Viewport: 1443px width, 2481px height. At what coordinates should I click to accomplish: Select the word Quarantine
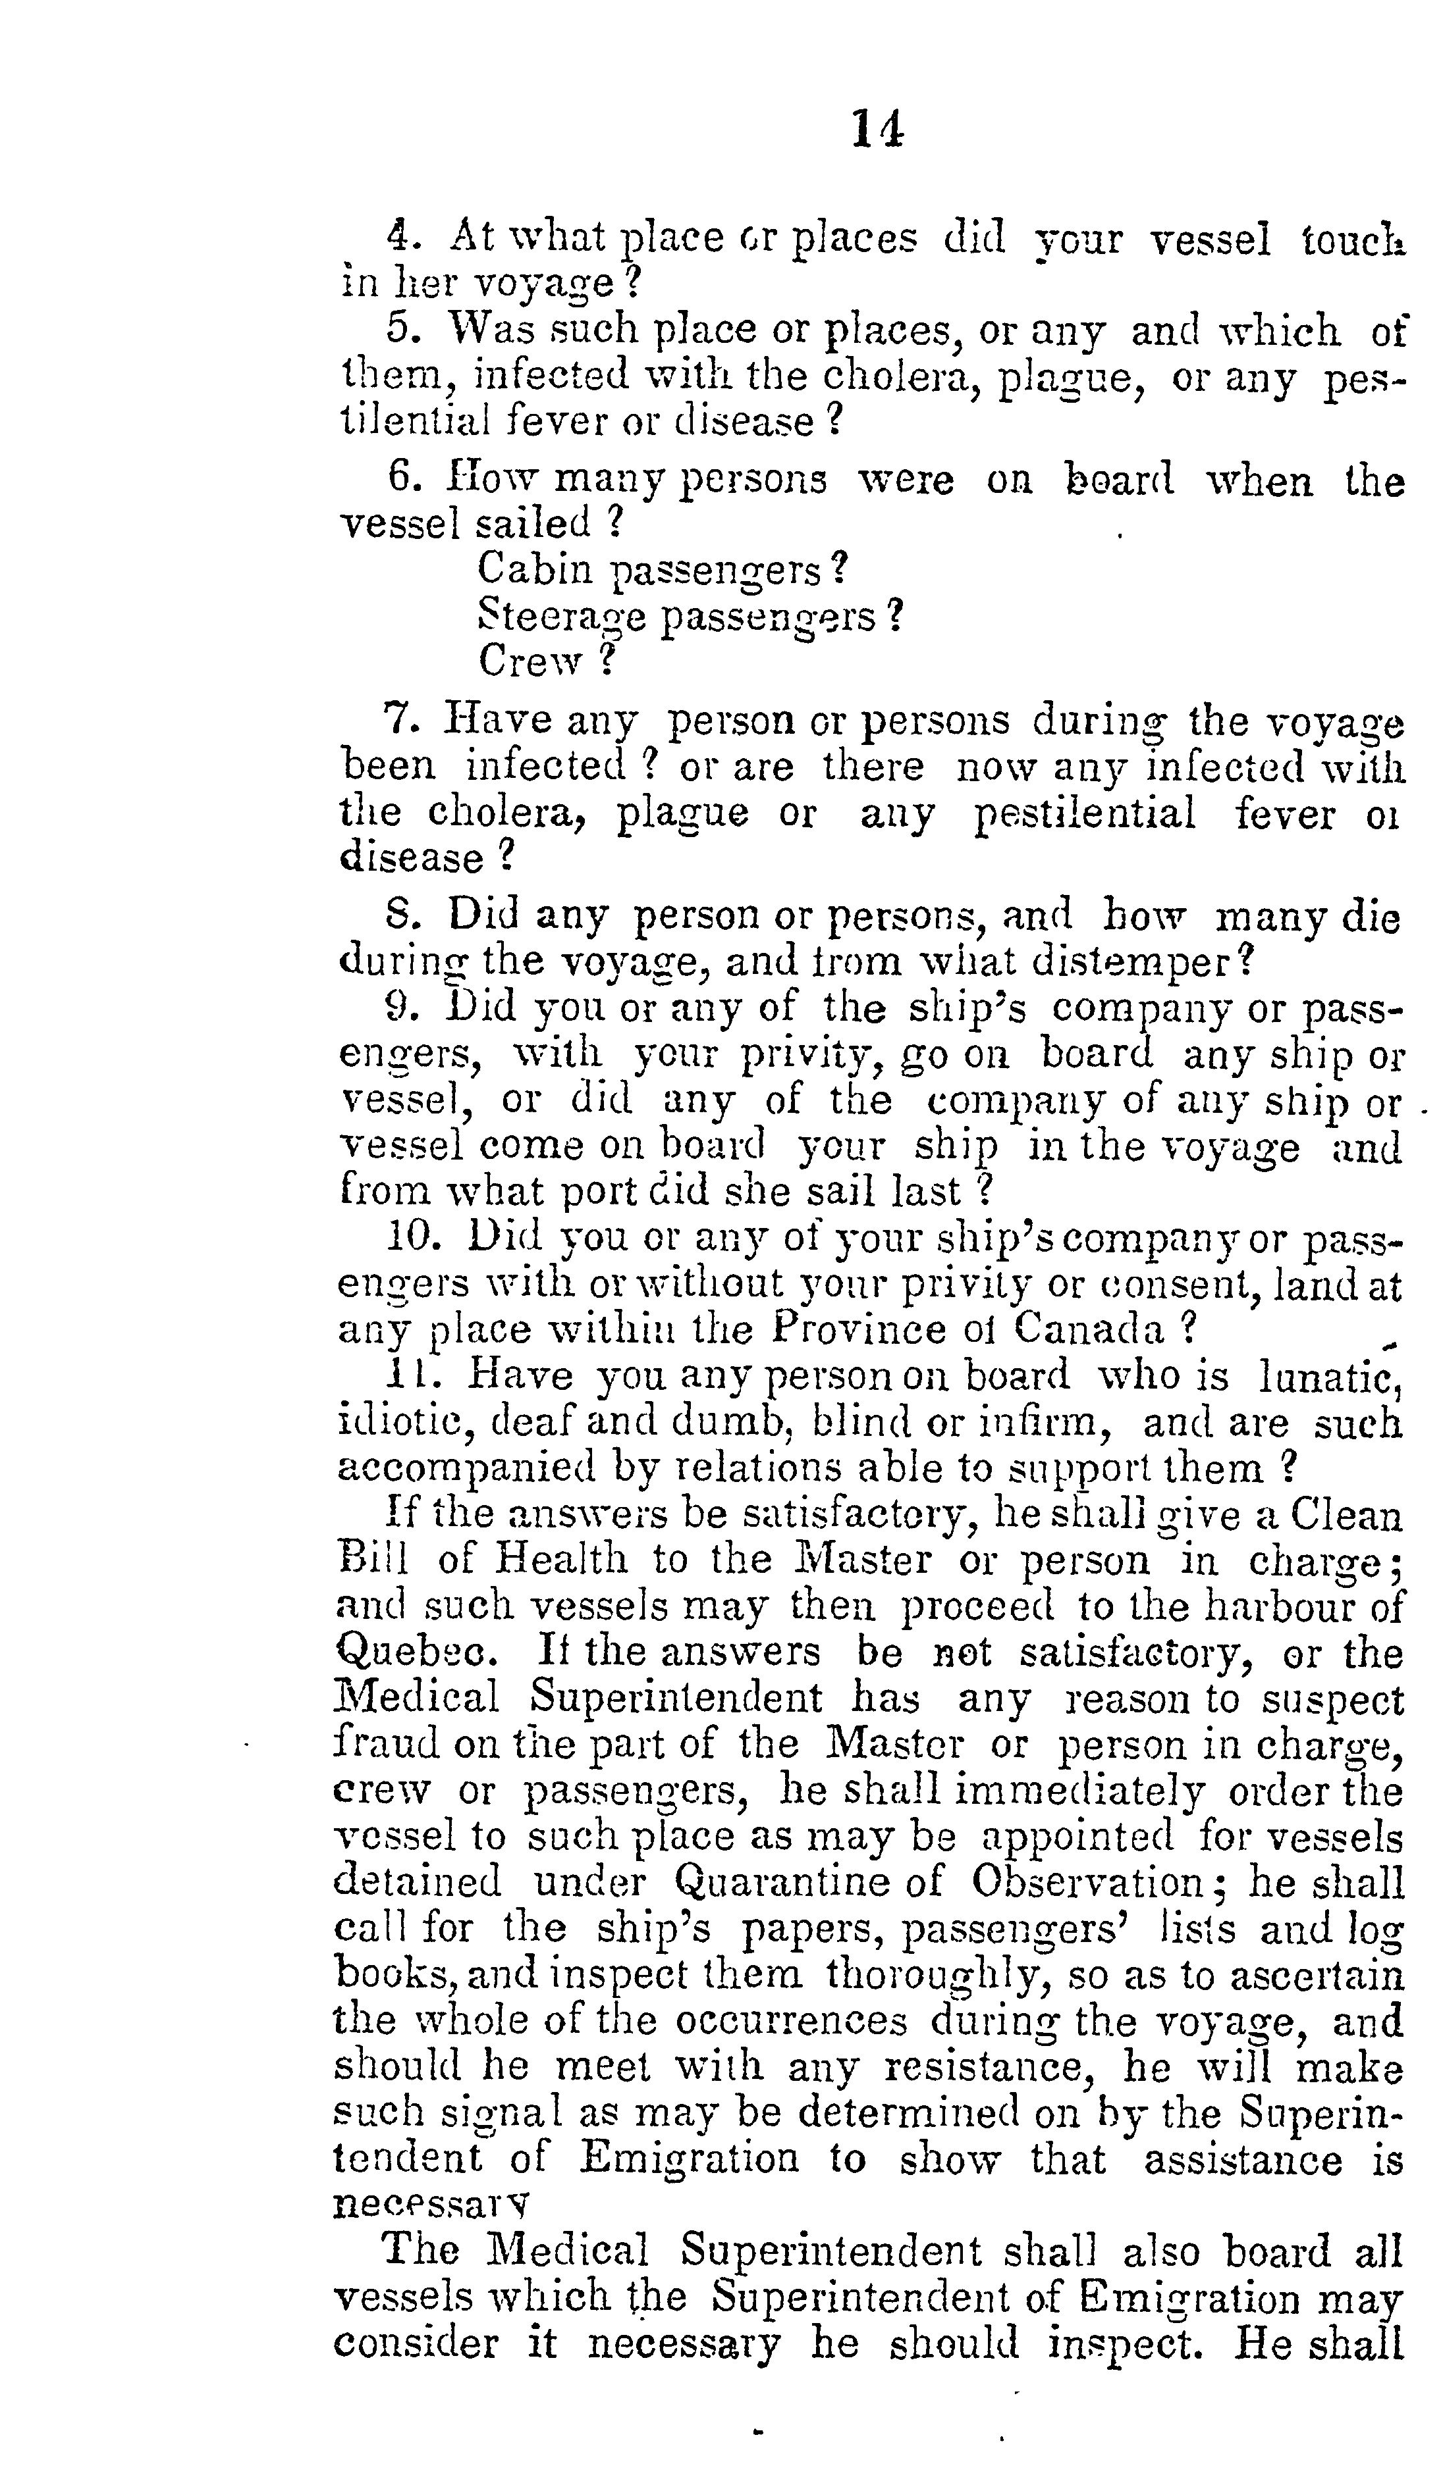pos(781,1881)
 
